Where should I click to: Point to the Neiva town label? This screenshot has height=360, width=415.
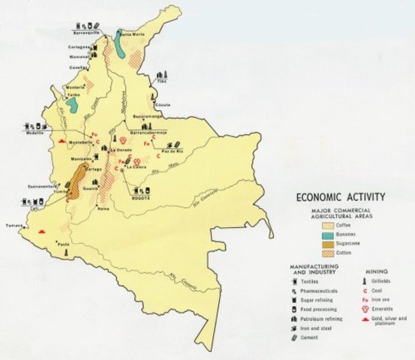point(104,208)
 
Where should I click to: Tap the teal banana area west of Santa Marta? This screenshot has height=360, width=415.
point(122,48)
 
